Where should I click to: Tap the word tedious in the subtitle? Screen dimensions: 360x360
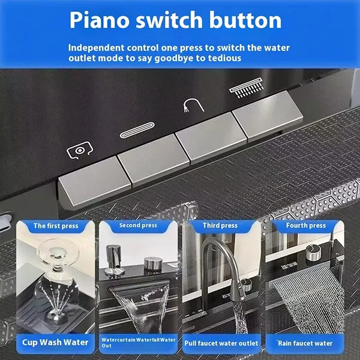[x=218, y=58]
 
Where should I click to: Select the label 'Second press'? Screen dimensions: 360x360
[x=138, y=226]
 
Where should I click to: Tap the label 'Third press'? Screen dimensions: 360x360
[x=221, y=226]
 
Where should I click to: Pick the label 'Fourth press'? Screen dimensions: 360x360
[x=305, y=226]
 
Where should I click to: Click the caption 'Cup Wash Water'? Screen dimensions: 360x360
[x=55, y=343]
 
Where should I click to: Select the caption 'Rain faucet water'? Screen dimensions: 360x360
[x=305, y=344]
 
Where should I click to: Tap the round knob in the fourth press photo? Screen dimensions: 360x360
[x=311, y=254]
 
